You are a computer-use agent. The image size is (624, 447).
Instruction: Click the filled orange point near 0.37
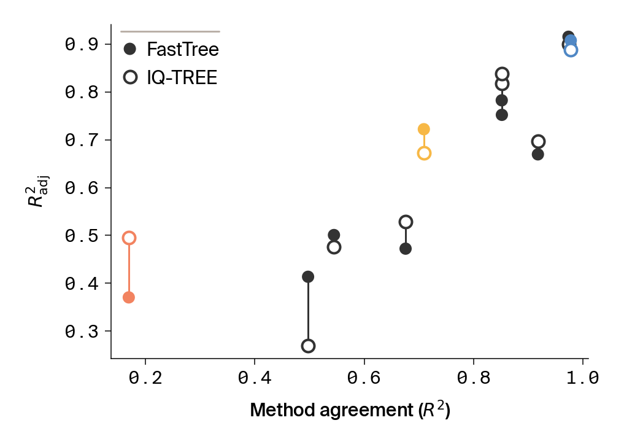click(x=129, y=297)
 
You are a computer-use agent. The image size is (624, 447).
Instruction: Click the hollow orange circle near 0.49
click(x=129, y=238)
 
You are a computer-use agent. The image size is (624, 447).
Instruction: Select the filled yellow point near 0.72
click(x=424, y=129)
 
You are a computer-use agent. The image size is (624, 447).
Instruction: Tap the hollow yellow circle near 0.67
click(x=424, y=154)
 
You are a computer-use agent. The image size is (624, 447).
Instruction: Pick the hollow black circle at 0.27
click(x=308, y=346)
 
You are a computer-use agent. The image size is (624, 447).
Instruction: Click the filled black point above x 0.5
click(x=308, y=277)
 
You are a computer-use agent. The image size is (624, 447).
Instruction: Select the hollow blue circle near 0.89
click(x=571, y=50)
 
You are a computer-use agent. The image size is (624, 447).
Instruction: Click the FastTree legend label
click(x=179, y=49)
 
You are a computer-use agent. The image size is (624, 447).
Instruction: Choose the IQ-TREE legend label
click(x=182, y=77)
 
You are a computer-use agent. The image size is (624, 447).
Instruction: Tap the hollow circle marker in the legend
click(x=130, y=77)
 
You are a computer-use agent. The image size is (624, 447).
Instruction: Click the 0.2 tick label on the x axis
click(x=145, y=379)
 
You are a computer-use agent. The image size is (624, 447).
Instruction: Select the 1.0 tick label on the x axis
click(x=582, y=379)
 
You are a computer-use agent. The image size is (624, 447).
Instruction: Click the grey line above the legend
click(x=170, y=31)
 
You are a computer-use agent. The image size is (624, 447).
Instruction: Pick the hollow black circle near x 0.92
click(x=538, y=142)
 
